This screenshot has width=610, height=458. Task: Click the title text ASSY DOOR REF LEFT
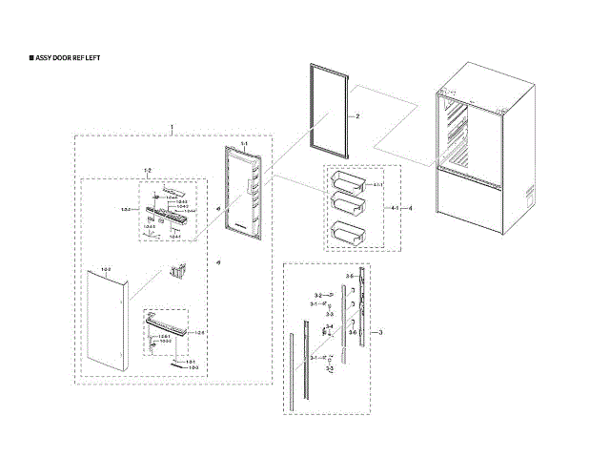67,58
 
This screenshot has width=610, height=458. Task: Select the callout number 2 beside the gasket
356,115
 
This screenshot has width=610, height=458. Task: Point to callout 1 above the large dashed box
171,127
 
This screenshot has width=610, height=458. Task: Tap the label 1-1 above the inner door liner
244,143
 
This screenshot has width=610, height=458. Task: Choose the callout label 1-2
147,170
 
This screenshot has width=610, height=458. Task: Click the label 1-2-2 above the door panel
106,270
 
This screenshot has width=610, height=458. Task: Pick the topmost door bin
346,178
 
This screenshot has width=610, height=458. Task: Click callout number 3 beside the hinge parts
380,331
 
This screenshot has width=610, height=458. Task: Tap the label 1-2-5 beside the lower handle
199,332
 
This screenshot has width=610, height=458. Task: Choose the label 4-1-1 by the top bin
376,184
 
